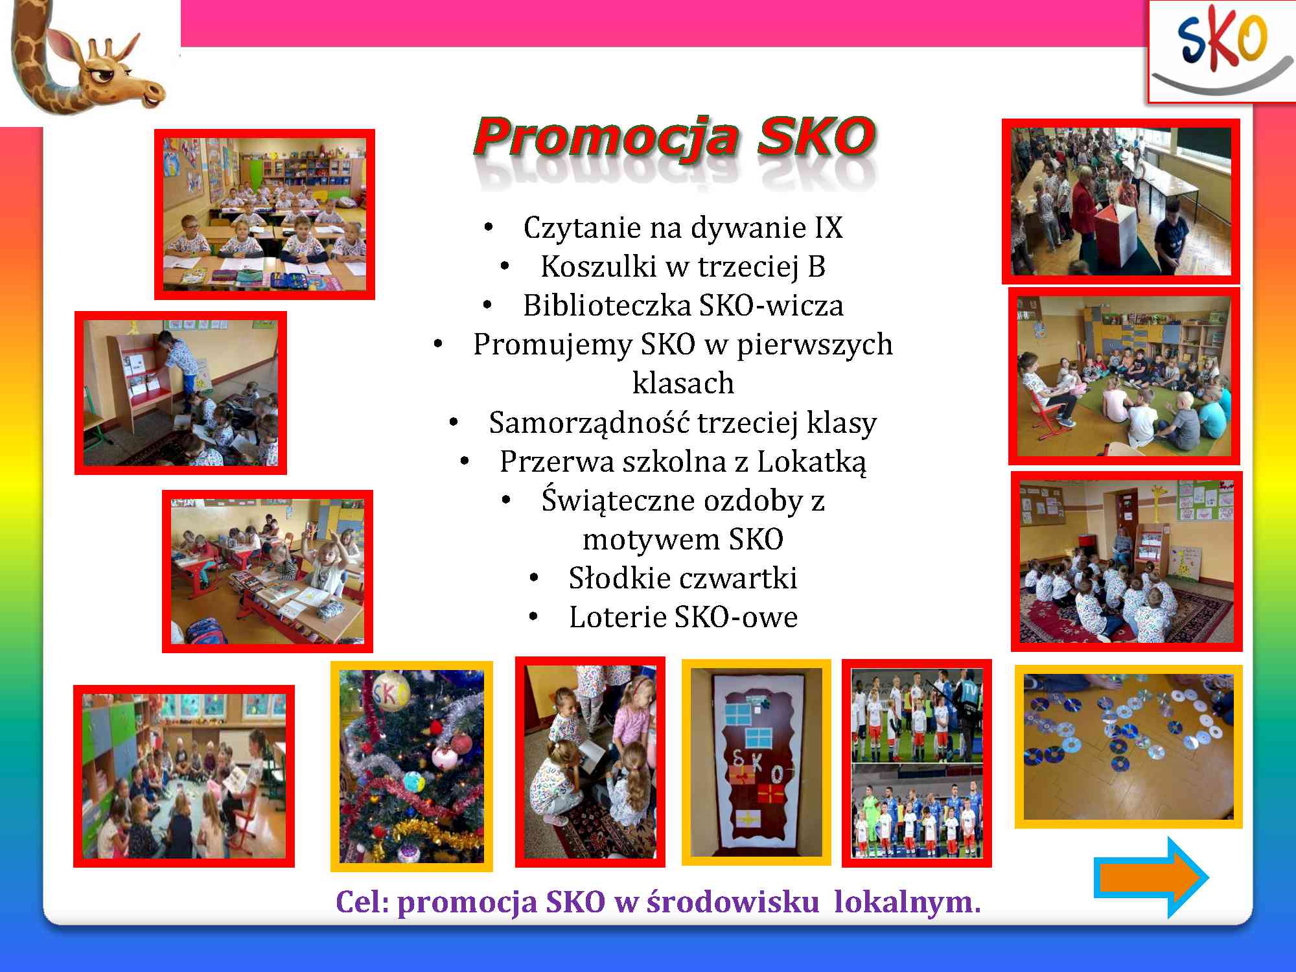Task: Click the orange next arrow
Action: point(1151,877)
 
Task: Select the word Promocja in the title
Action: point(606,137)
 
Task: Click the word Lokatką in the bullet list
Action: point(811,461)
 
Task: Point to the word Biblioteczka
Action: point(606,305)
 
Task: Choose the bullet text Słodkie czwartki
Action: point(683,578)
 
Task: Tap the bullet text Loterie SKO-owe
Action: point(683,617)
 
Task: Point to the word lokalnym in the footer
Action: point(907,903)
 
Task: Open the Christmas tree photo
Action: point(411,767)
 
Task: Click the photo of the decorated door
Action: point(756,762)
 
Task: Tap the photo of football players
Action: point(917,763)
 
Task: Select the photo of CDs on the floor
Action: point(1128,746)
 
